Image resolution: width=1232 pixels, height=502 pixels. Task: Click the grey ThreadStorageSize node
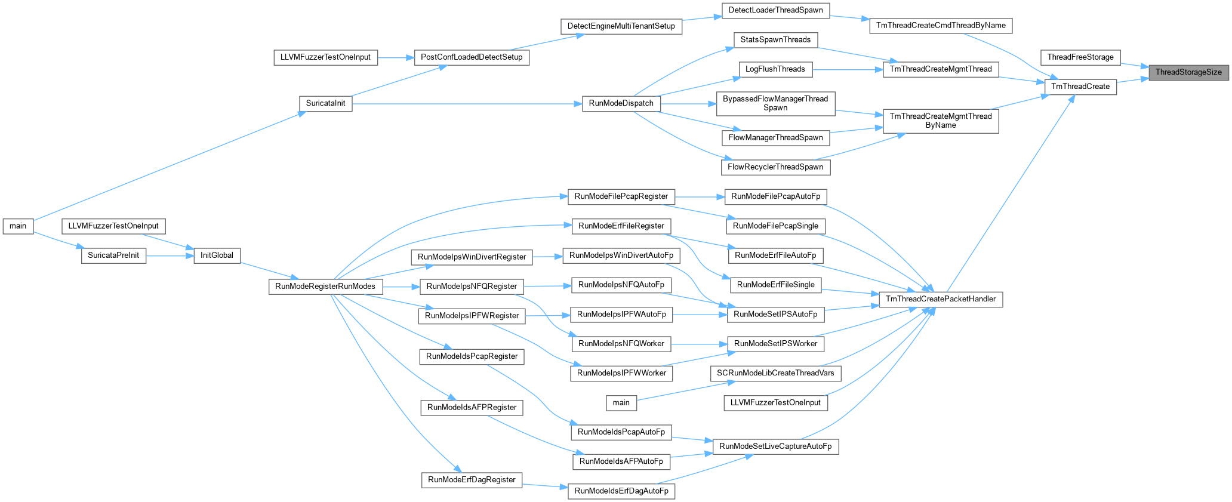tap(1188, 72)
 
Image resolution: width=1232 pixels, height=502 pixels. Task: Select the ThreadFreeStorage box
tap(1080, 57)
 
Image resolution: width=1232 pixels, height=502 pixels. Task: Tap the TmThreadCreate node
tap(1080, 87)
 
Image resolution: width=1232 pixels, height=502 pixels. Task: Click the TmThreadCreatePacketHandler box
tap(941, 299)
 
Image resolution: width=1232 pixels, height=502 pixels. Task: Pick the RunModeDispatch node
tap(621, 103)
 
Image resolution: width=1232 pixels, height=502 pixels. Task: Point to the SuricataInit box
tap(325, 103)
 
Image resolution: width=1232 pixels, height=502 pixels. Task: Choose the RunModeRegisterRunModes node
tap(325, 287)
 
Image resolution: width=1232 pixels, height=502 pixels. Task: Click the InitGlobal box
tap(217, 255)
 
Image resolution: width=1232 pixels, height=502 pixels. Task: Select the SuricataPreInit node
tap(113, 255)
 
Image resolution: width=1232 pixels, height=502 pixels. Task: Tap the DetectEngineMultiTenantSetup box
tap(621, 26)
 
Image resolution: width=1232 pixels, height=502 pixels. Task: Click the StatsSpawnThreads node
tap(775, 40)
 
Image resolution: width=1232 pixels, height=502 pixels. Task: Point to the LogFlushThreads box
tap(775, 69)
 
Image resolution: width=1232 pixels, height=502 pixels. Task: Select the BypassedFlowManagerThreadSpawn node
tap(775, 103)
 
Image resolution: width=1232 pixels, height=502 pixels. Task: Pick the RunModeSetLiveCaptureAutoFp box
tap(775, 446)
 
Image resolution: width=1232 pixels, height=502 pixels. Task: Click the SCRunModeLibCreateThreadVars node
tap(775, 374)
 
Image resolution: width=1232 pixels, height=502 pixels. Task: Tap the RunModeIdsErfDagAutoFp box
tap(621, 491)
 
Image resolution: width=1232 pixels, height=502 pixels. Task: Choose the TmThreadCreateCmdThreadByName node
tap(941, 26)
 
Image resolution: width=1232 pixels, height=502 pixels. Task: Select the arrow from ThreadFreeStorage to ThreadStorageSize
tap(1135, 64)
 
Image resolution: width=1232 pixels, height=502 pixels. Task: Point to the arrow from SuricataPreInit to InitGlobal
tap(170, 255)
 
